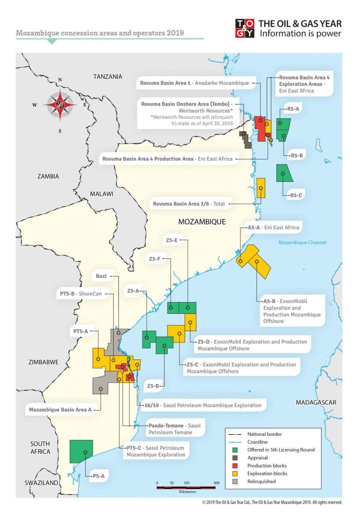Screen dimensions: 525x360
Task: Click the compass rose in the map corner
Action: (x=60, y=105)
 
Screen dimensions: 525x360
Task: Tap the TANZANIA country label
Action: (x=108, y=76)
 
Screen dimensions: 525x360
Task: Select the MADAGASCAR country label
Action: (x=316, y=402)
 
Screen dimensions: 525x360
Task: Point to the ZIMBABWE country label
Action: (x=43, y=362)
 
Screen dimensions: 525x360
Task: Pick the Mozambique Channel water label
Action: (x=302, y=243)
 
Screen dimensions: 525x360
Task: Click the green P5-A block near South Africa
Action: (x=81, y=451)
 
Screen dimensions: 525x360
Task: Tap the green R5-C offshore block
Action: (x=284, y=173)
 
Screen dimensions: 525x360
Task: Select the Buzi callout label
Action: (x=101, y=276)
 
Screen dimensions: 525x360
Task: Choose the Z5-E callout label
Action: (x=171, y=240)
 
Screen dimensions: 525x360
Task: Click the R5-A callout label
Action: (x=294, y=109)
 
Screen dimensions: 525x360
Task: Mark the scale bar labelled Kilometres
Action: (x=186, y=486)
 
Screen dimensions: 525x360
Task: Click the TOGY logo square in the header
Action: (x=245, y=29)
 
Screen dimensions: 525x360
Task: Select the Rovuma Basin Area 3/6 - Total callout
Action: (x=189, y=204)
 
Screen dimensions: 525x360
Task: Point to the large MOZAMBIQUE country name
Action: (x=202, y=222)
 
